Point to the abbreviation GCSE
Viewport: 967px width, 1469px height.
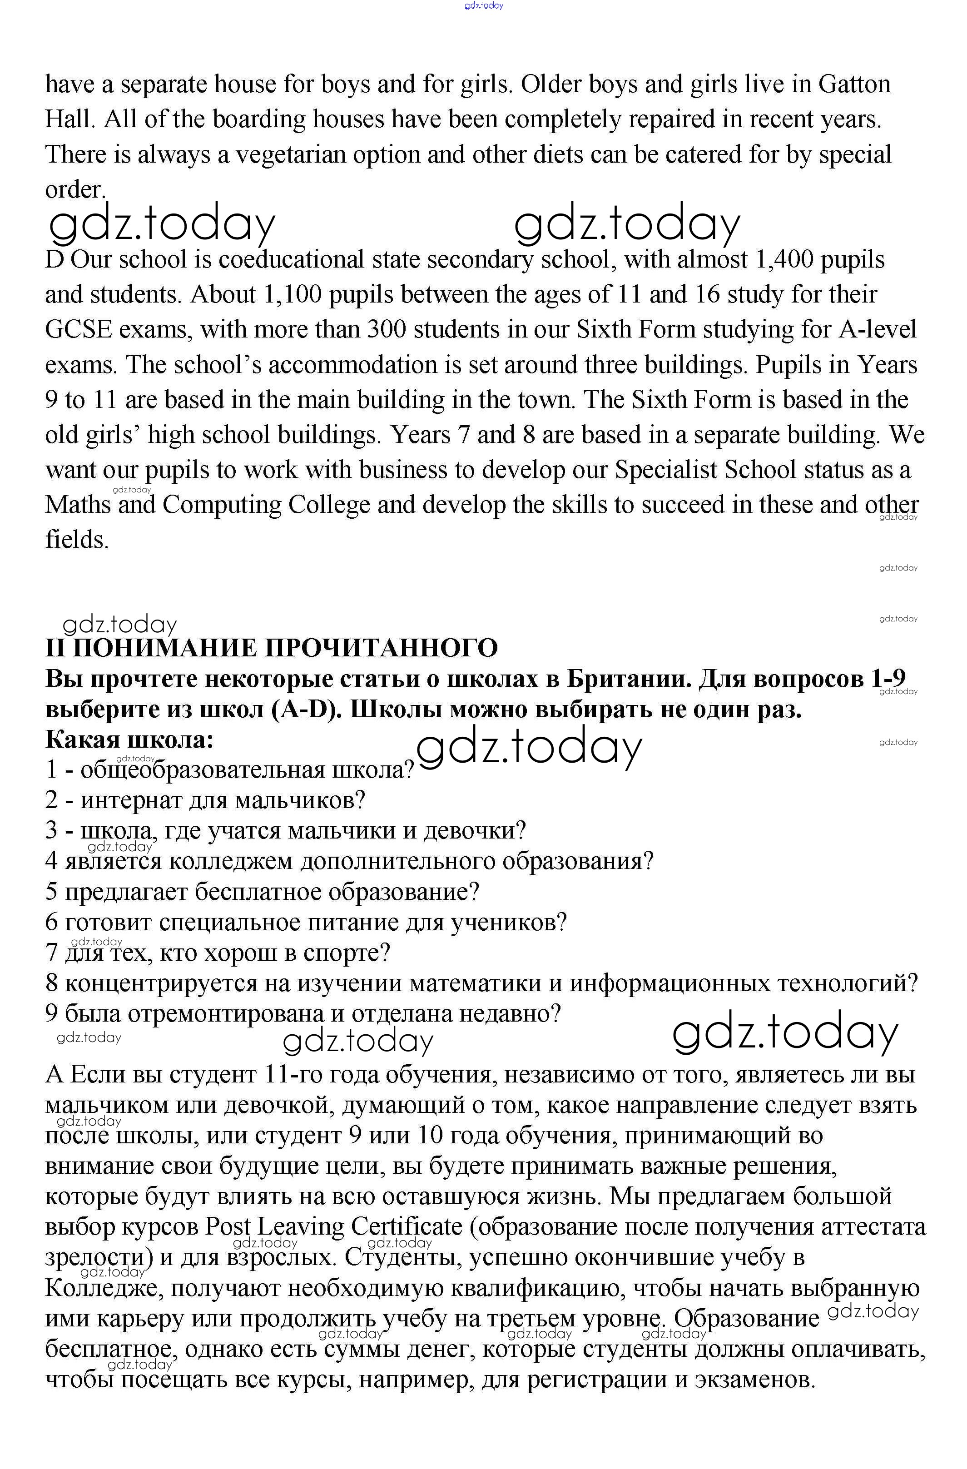79,330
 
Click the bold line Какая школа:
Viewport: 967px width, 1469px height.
129,739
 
